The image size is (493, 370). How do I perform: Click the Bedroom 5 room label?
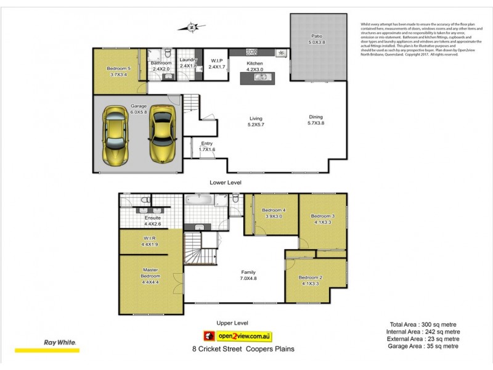pos(119,72)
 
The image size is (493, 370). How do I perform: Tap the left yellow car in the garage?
pos(116,135)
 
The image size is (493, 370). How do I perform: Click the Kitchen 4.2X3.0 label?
pos(255,67)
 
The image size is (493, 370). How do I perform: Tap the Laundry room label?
pos(188,63)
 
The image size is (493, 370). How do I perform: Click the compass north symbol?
pos(192,27)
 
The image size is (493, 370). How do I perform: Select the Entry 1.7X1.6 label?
pos(206,146)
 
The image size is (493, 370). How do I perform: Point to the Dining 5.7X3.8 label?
pos(316,120)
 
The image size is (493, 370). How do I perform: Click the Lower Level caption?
pos(226,183)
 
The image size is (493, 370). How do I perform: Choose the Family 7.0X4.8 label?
pos(248,275)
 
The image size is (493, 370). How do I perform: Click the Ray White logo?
pos(59,343)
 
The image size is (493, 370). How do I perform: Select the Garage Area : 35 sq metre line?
pos(424,346)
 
